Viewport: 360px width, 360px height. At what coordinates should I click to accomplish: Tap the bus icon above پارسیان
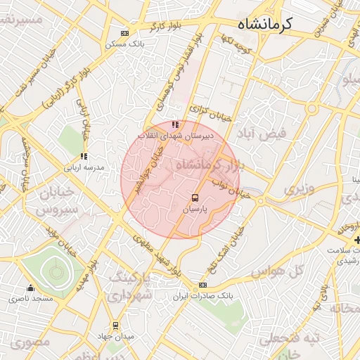point(195,198)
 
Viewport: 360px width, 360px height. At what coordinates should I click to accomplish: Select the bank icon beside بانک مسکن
point(125,33)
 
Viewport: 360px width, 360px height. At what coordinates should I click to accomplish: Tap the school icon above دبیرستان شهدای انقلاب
point(175,125)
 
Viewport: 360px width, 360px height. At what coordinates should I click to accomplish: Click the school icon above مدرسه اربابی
point(84,156)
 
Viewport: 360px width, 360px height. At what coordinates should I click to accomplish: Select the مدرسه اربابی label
point(84,168)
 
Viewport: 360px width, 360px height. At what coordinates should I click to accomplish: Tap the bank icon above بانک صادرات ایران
point(202,285)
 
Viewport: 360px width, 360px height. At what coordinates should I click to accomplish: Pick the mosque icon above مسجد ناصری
point(30,288)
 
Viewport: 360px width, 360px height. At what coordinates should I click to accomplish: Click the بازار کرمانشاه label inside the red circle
point(204,165)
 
